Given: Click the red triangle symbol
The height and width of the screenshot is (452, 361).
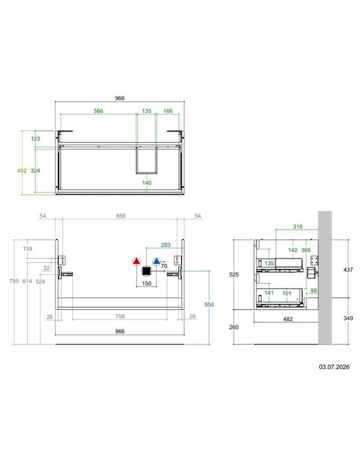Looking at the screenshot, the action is point(136,261).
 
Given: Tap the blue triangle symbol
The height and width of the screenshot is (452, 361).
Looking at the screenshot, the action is point(156,261).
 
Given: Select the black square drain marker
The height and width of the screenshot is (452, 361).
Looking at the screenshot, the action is point(146,271).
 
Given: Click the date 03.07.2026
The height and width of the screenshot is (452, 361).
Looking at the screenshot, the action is point(334,367).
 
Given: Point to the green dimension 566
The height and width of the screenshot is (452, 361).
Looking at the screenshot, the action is point(99,111).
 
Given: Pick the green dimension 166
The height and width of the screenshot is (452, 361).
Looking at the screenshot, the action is point(168,111).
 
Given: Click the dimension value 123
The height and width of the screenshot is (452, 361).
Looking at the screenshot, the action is point(35,139).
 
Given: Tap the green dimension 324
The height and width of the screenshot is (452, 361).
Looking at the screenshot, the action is point(35,171).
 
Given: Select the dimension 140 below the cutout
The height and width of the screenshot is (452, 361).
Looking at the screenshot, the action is point(147,183).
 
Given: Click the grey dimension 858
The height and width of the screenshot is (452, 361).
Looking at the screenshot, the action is point(120,216).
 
